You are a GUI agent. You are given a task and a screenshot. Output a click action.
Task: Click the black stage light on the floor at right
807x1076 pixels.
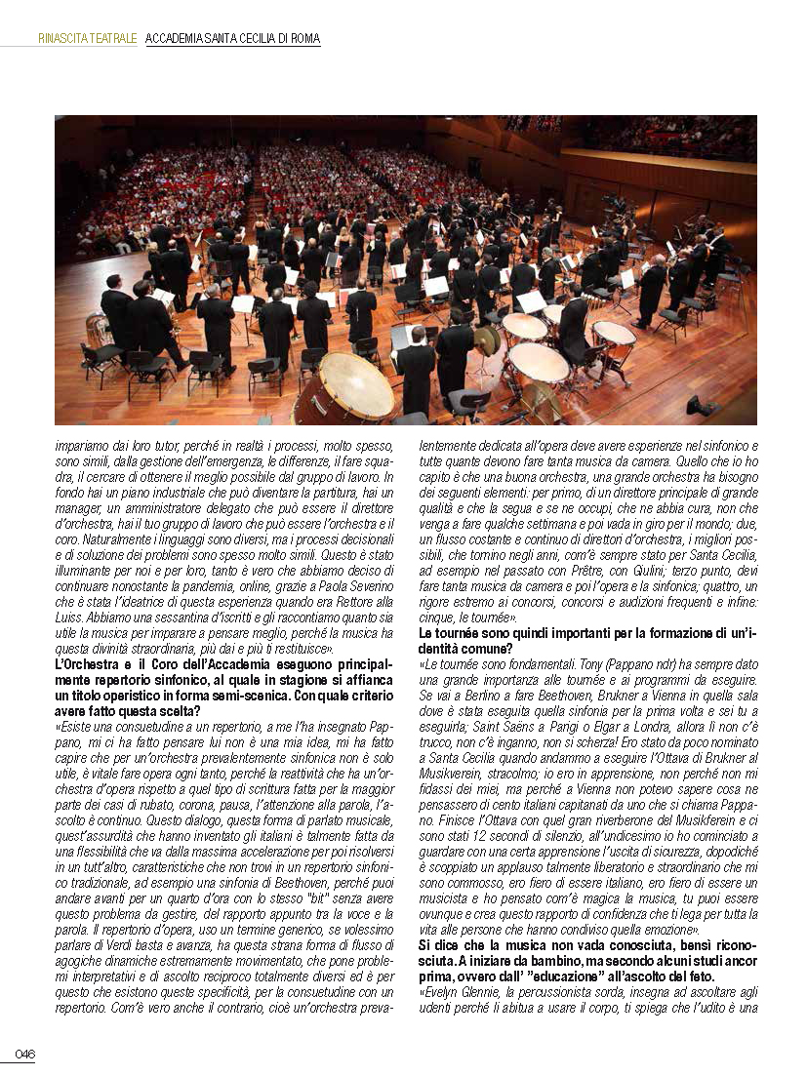[x=701, y=405]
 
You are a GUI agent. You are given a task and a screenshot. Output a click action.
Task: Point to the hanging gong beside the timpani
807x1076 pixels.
[x=485, y=339]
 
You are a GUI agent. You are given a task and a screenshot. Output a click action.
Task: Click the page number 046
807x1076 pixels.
[x=24, y=1054]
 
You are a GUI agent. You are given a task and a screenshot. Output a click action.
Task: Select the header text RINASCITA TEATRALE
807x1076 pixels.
[x=87, y=39]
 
